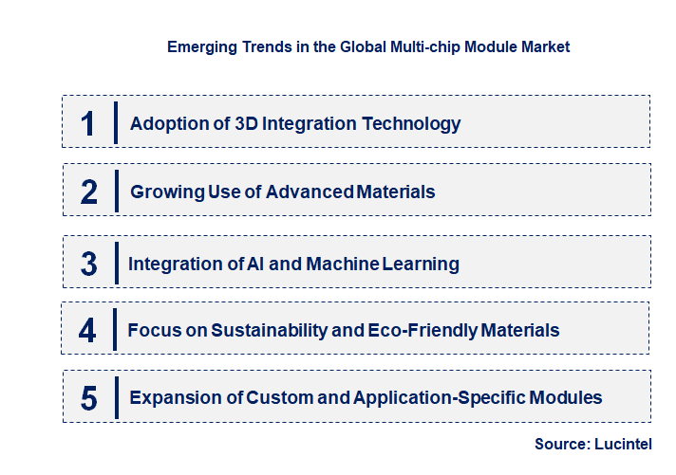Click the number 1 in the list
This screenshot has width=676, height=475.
click(x=88, y=123)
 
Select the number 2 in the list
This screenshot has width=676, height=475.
click(x=89, y=192)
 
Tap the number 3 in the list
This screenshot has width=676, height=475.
click(x=88, y=264)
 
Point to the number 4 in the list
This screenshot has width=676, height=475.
click(x=88, y=330)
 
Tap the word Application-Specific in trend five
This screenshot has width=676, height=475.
click(x=448, y=398)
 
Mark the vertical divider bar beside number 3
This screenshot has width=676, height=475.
click(x=115, y=264)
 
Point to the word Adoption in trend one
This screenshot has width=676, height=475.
click(x=168, y=123)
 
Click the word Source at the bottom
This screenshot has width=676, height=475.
click(x=561, y=444)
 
